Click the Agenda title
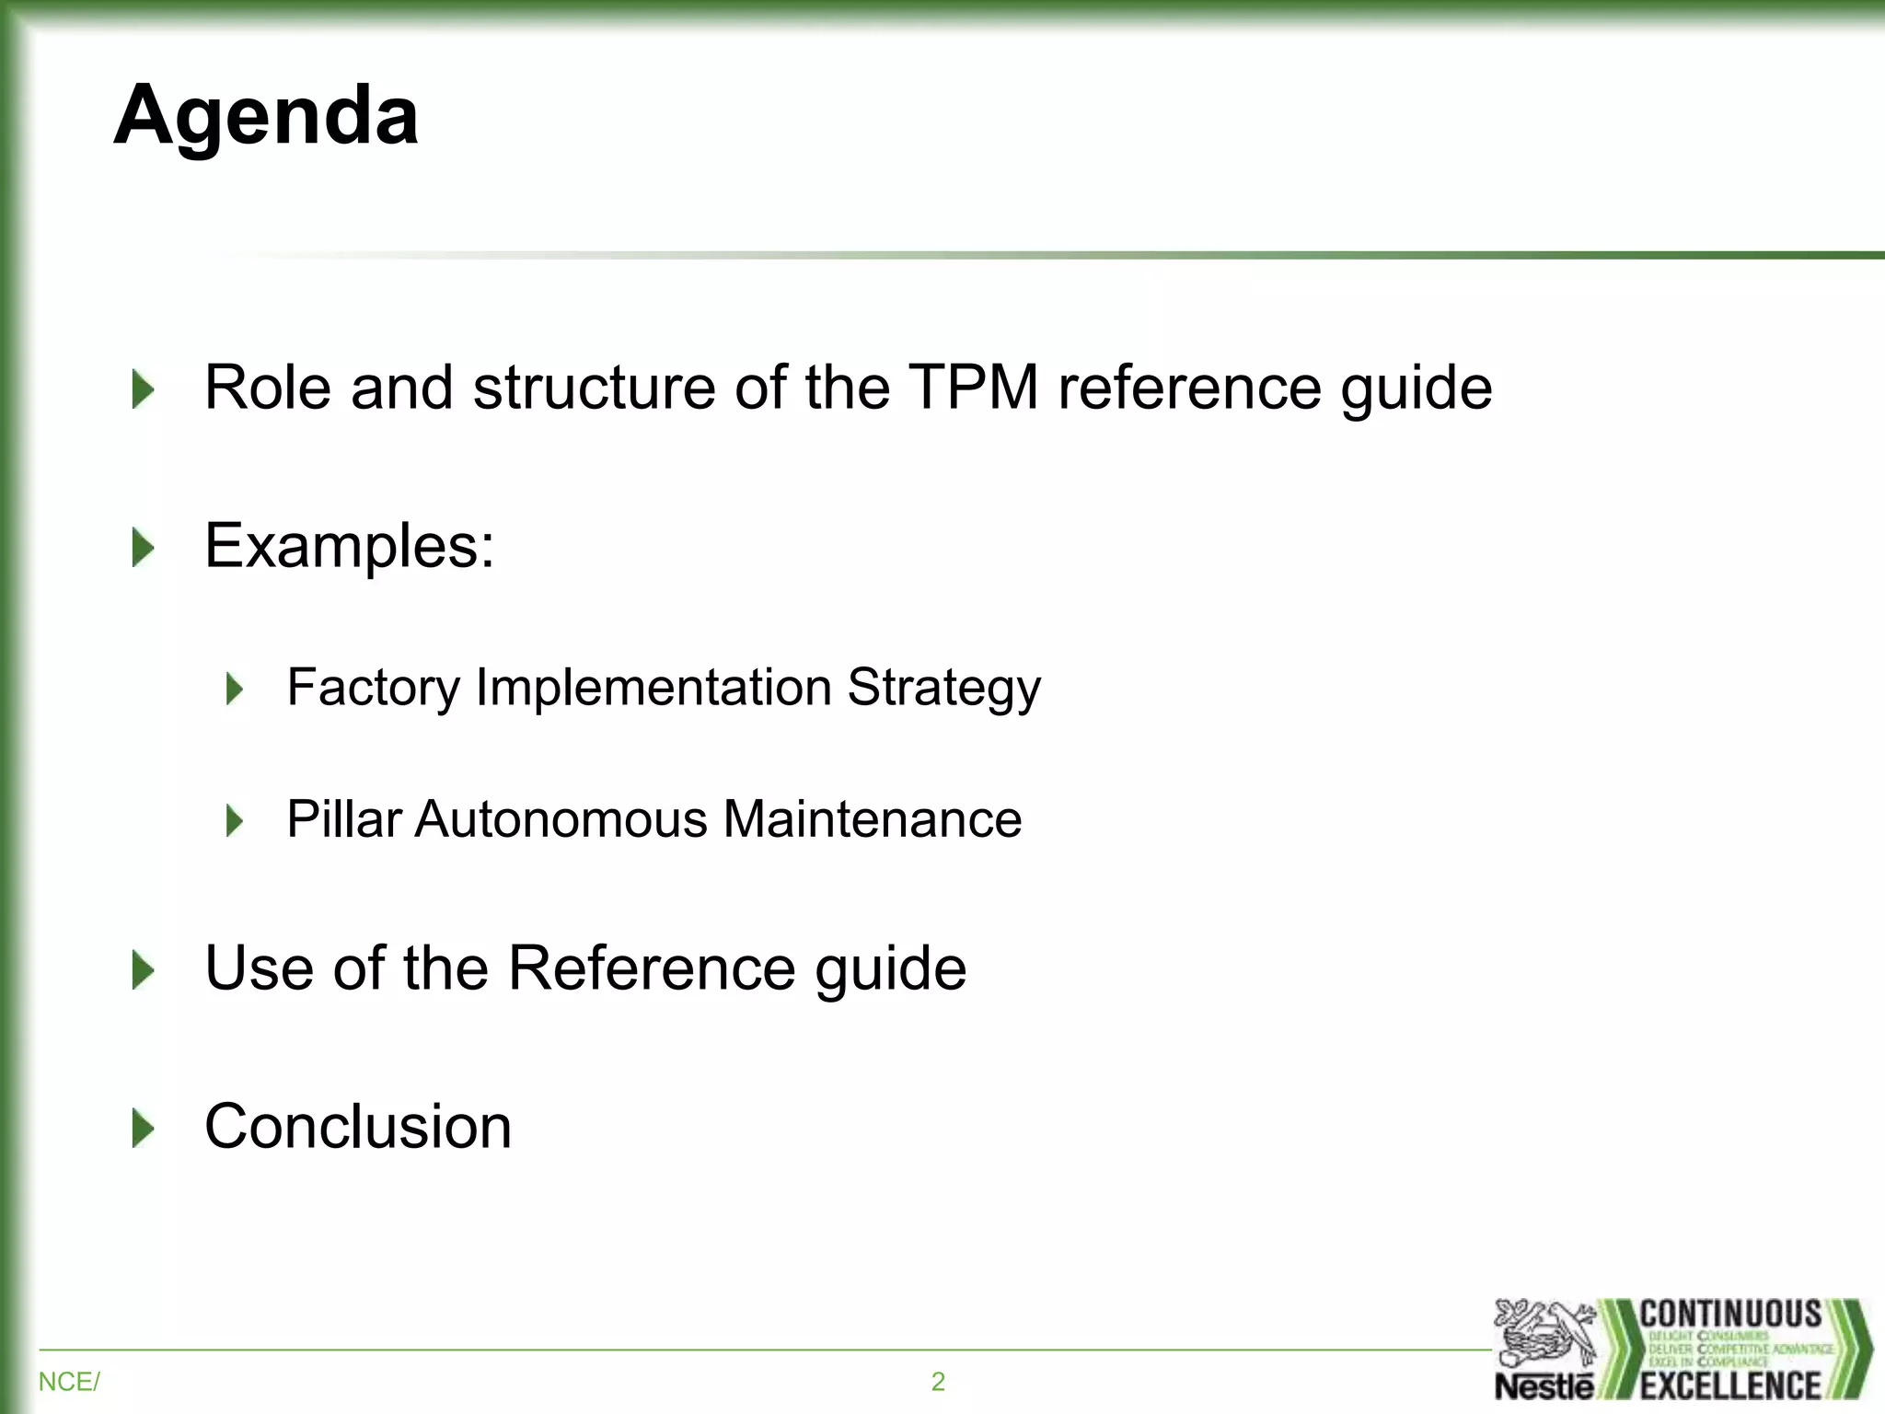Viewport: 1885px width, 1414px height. pos(266,116)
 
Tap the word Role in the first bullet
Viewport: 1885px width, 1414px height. pos(267,388)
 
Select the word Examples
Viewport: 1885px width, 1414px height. pos(350,546)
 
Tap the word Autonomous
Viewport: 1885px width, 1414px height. pos(561,818)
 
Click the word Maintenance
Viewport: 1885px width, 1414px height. pos(872,818)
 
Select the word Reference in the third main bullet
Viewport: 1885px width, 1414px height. pos(652,968)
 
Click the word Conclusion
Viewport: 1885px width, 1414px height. pos(358,1127)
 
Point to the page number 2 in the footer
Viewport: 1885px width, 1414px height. pos(938,1382)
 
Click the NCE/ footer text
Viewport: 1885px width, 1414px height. pos(69,1382)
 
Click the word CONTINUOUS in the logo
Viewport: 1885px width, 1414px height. pos(1730,1314)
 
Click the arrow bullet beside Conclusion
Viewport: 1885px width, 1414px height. pos(143,1128)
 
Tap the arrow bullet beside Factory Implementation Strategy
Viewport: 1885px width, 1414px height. pos(235,689)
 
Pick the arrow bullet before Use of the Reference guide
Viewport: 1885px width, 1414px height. pos(143,970)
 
